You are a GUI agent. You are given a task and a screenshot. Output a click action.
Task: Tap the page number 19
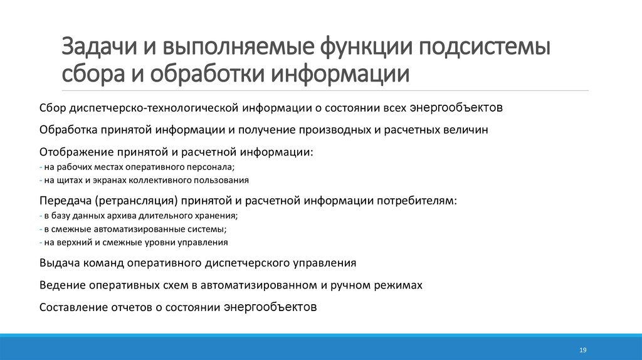[x=582, y=349]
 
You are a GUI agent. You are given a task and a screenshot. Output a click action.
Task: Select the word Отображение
[x=76, y=152]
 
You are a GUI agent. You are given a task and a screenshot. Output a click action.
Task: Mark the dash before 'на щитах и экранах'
[x=40, y=180]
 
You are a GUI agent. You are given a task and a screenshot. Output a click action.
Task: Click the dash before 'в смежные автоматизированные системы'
[x=40, y=229]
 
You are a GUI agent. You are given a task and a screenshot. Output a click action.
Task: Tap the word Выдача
[x=58, y=262]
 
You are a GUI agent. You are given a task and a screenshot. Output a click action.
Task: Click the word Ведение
[x=61, y=285]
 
